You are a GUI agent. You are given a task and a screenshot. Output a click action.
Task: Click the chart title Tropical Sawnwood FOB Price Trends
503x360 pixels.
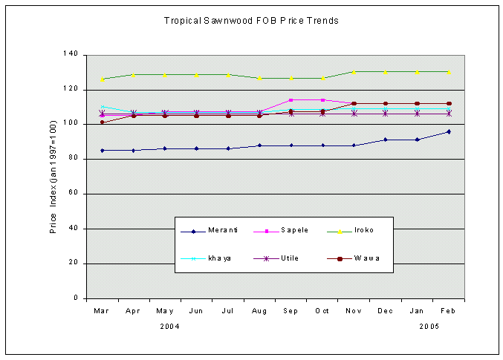click(251, 21)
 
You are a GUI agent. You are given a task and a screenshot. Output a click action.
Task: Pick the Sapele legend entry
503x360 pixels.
click(295, 231)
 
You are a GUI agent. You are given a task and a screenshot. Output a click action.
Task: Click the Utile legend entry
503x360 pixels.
click(291, 258)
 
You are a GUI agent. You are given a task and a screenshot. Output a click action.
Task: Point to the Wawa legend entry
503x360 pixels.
click(367, 258)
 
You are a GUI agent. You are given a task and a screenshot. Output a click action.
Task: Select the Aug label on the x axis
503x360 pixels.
click(259, 311)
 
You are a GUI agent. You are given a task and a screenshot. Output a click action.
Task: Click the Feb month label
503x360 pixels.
click(448, 311)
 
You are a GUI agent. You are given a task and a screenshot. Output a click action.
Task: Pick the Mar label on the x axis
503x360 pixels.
click(102, 311)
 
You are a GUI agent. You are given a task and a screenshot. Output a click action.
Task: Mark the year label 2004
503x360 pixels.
click(170, 327)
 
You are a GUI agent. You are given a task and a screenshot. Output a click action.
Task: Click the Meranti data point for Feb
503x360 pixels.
click(449, 131)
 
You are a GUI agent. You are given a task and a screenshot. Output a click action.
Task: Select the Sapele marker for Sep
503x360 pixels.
click(291, 99)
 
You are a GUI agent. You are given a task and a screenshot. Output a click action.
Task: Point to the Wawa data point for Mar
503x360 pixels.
click(103, 122)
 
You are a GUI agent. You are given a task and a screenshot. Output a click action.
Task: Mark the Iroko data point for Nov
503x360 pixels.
click(354, 71)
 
